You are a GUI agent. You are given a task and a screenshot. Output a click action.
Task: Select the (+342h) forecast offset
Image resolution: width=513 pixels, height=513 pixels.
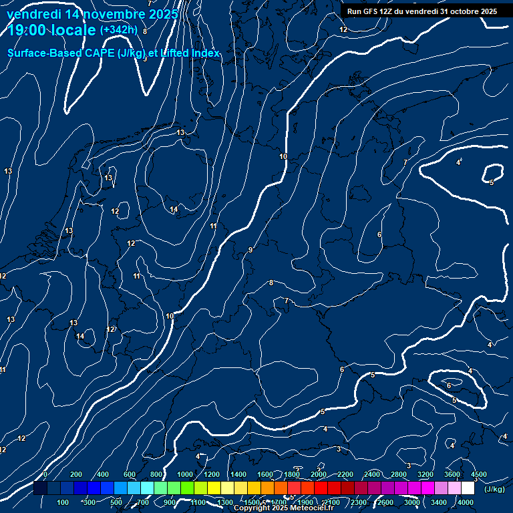click(118, 30)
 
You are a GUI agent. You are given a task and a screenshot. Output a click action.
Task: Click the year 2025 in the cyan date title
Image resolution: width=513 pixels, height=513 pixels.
click(162, 14)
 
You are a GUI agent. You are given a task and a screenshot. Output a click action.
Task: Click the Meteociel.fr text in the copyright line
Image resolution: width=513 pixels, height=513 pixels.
click(313, 508)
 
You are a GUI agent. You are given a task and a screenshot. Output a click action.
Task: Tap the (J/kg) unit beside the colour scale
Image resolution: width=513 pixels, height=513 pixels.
click(494, 490)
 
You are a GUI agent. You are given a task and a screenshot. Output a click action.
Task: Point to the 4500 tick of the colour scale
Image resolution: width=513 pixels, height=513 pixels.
click(478, 474)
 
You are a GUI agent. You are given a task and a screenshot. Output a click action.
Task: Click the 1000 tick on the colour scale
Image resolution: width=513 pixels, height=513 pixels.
click(185, 474)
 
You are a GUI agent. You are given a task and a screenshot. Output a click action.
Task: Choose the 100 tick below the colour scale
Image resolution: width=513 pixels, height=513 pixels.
click(63, 502)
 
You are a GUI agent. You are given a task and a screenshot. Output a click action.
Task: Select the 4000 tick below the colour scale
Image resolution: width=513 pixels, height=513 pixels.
click(466, 502)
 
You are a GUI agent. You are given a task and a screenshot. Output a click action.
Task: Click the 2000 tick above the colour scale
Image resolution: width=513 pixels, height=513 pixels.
click(319, 474)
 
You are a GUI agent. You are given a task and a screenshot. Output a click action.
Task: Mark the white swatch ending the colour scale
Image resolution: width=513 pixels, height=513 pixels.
click(468, 488)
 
